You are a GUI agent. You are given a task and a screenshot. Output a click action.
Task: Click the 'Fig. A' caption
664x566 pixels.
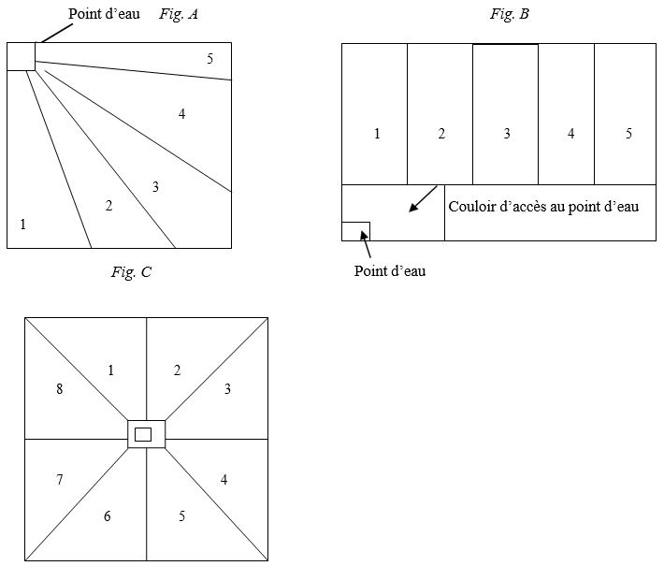[x=179, y=14]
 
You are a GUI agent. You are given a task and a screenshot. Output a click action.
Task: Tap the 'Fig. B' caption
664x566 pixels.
[x=510, y=14]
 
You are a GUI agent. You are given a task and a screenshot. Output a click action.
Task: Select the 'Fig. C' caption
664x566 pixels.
[x=131, y=271]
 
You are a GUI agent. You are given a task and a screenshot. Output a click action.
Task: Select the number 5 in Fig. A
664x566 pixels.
[x=210, y=58]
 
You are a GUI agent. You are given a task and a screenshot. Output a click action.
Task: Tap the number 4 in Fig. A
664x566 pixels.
[x=181, y=113]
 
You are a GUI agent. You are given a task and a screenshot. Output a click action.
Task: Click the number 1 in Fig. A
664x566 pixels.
[x=22, y=224]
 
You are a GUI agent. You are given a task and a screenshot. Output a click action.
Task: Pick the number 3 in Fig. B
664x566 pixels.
[x=507, y=134]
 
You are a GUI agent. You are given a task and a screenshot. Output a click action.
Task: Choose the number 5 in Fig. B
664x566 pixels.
[x=628, y=134]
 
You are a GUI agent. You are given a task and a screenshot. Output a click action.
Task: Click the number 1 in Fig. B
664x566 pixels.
[x=377, y=134]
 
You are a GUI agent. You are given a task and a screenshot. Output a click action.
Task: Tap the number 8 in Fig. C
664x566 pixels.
[x=60, y=388]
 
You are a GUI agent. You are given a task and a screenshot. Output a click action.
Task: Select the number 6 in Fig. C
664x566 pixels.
[x=108, y=515]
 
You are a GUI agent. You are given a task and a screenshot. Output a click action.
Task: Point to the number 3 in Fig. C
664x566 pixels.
[x=227, y=388]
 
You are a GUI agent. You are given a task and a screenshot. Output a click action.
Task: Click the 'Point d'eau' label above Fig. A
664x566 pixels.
[x=104, y=13]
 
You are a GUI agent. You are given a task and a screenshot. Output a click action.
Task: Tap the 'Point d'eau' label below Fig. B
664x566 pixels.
[x=390, y=270]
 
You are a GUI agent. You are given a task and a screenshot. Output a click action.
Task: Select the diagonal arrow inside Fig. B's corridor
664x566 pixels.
[x=423, y=198]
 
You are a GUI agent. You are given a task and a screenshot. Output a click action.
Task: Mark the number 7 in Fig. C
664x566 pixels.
[x=60, y=479]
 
